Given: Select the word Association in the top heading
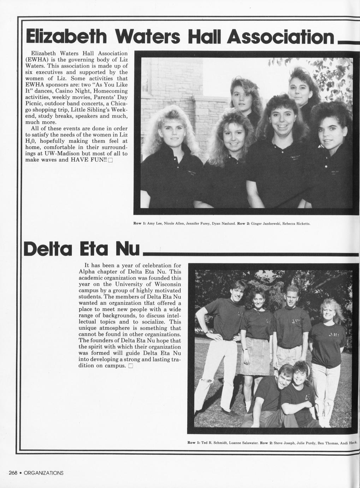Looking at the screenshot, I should tap(281, 37).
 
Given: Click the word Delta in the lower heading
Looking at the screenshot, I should tap(48, 250).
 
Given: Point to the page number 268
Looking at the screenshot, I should tap(13, 473).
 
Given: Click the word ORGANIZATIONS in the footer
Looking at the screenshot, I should tap(43, 473).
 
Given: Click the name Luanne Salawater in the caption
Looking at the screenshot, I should tap(243, 443).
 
